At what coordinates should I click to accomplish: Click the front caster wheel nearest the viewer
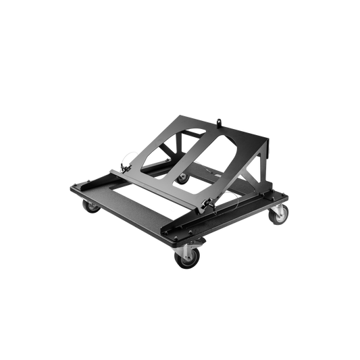184,257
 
